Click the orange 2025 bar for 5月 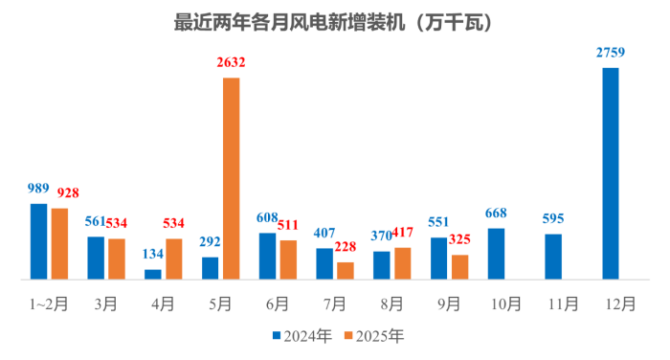tap(231, 178)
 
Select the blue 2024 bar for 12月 tap(610, 173)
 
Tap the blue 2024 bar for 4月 tap(153, 275)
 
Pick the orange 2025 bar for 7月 tap(345, 271)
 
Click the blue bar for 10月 tap(496, 254)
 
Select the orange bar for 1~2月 tap(59, 243)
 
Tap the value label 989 tap(38, 190)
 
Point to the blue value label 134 tap(152, 255)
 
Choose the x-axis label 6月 tap(278, 304)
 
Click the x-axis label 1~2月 tap(48, 304)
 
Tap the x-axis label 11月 tap(563, 304)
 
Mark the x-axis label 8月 tap(391, 304)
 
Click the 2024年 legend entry tap(303, 336)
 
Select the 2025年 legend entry tap(374, 336)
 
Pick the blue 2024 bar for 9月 tap(438, 259)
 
